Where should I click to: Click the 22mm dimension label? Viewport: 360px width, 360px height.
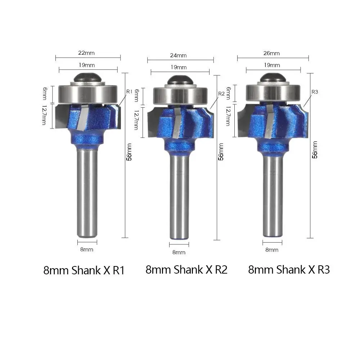tap(86, 53)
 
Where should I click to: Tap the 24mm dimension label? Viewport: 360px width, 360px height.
tap(179, 55)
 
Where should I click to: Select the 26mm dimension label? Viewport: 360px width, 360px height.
tap(271, 53)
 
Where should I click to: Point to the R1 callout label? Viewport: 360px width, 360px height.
tap(130, 91)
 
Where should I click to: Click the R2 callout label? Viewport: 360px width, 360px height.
tap(221, 94)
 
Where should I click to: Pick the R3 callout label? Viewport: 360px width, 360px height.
tap(315, 92)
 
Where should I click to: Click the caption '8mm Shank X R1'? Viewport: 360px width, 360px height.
tap(84, 270)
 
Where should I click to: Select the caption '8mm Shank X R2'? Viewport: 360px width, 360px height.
tap(186, 270)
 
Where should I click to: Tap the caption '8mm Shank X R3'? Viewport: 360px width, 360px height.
tap(289, 270)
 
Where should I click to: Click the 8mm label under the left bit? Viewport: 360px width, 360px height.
tap(87, 249)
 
